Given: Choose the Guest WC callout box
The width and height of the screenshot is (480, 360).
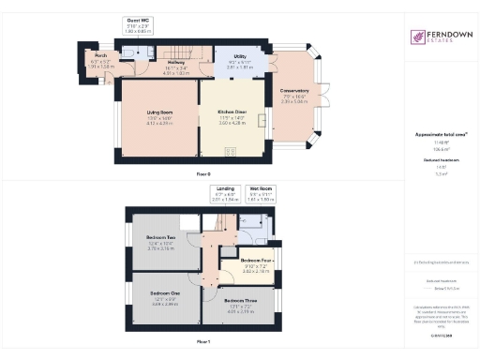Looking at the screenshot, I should (139, 24).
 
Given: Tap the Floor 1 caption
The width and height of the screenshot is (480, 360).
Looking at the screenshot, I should (203, 342).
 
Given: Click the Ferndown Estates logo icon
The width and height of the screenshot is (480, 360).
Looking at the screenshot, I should (418, 37).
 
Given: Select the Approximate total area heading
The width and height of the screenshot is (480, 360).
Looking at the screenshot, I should (441, 135).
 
